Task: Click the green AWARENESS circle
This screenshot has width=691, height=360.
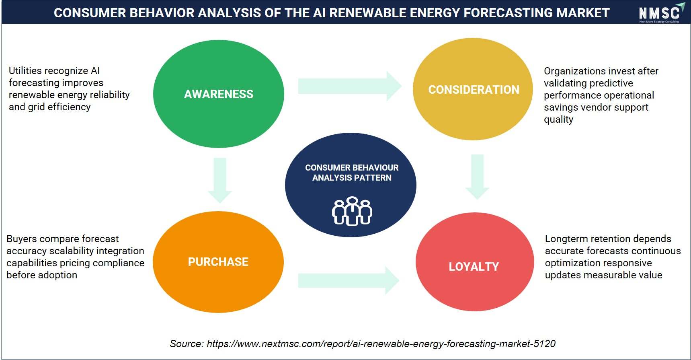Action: pyautogui.click(x=219, y=94)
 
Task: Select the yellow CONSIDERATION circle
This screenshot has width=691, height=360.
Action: pyautogui.click(x=473, y=89)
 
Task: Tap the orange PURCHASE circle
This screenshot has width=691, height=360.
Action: pyautogui.click(x=218, y=262)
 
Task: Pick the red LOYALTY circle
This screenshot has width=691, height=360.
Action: pyautogui.click(x=475, y=262)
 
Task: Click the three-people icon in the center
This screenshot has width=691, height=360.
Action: pyautogui.click(x=352, y=211)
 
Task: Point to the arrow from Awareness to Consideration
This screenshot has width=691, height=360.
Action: pyautogui.click(x=350, y=86)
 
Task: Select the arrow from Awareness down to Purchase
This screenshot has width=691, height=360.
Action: pyautogui.click(x=220, y=180)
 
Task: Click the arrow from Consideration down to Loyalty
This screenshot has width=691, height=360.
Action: pyautogui.click(x=477, y=177)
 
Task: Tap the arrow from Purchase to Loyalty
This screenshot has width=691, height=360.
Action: pyautogui.click(x=349, y=280)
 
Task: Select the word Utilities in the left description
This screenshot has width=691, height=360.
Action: pyautogui.click(x=25, y=71)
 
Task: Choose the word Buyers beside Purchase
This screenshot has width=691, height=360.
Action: pyautogui.click(x=21, y=239)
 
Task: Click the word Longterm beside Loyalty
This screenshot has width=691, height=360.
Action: pyautogui.click(x=563, y=239)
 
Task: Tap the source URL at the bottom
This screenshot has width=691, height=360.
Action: pyautogui.click(x=381, y=344)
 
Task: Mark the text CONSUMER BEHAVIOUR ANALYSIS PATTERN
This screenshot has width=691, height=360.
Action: pyautogui.click(x=352, y=173)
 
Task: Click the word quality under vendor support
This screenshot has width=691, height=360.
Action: pyautogui.click(x=559, y=120)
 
